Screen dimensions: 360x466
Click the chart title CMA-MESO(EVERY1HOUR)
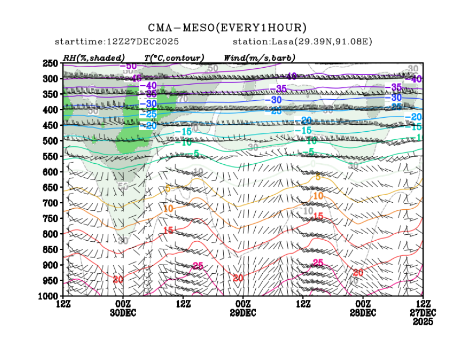(228, 28)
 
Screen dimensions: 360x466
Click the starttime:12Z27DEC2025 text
(117, 42)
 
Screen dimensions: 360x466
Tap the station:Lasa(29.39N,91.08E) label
(302, 42)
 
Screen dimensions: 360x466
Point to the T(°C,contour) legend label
(174, 57)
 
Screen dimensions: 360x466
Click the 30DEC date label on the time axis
(123, 313)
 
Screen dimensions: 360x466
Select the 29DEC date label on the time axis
(243, 313)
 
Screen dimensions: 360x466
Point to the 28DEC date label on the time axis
(363, 313)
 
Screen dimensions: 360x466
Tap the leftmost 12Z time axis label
(63, 304)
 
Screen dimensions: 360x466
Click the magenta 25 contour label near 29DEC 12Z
(198, 266)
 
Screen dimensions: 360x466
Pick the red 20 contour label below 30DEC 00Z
(119, 279)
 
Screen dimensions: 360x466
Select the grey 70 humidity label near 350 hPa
(183, 99)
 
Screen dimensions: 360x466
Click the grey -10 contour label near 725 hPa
(307, 210)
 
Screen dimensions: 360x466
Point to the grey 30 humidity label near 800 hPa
(124, 240)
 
